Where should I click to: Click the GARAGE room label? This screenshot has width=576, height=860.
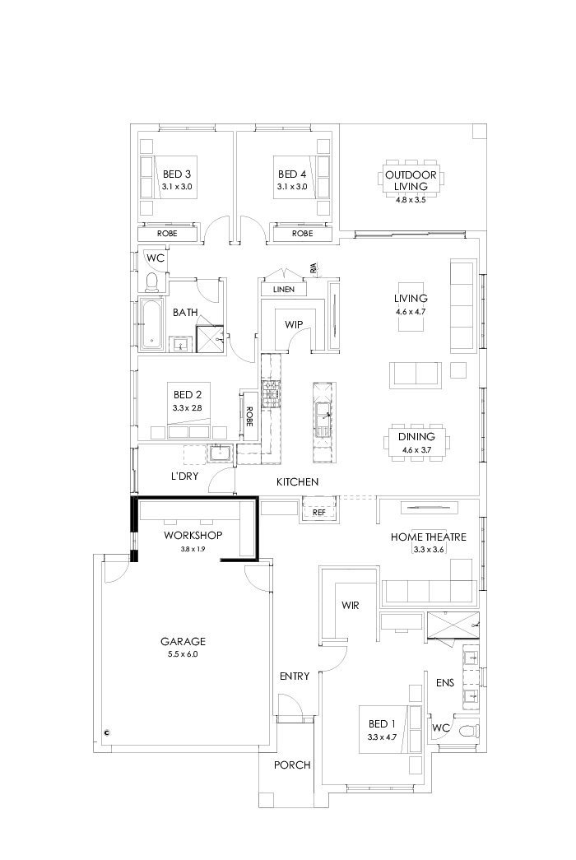pyautogui.click(x=183, y=641)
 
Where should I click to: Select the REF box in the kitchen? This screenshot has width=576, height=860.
pyautogui.click(x=320, y=512)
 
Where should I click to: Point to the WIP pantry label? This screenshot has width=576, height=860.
pyautogui.click(x=294, y=324)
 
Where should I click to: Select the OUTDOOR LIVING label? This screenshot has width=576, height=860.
pyautogui.click(x=411, y=179)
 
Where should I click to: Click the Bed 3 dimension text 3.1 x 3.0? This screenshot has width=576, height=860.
pyautogui.click(x=176, y=187)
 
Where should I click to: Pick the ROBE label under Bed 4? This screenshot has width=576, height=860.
pyautogui.click(x=302, y=234)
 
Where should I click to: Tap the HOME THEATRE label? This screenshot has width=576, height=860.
pyautogui.click(x=428, y=537)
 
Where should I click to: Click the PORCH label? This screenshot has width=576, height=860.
pyautogui.click(x=292, y=765)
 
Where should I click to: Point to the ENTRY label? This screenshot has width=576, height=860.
pyautogui.click(x=295, y=676)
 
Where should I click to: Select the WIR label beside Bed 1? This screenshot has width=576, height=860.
pyautogui.click(x=349, y=605)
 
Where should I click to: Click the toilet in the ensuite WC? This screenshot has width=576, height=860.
pyautogui.click(x=467, y=730)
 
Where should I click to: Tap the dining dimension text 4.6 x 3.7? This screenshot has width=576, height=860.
pyautogui.click(x=418, y=449)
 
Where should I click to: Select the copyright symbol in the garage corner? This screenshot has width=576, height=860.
pyautogui.click(x=107, y=731)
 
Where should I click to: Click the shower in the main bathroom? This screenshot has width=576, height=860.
pyautogui.click(x=210, y=338)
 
